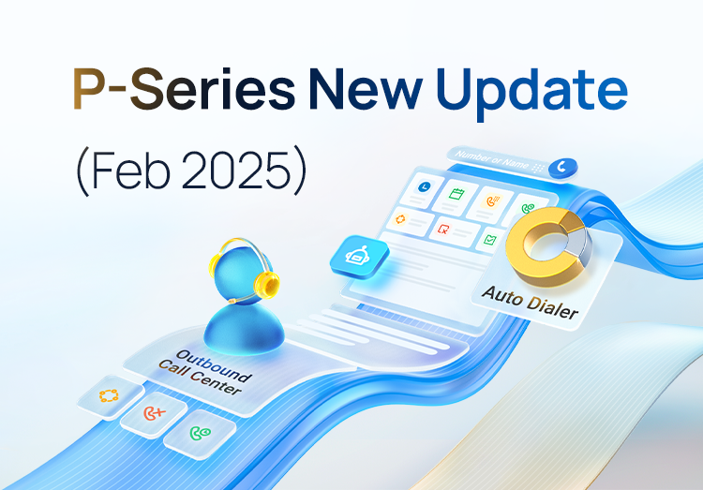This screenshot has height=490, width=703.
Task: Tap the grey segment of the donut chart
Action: click(577, 245)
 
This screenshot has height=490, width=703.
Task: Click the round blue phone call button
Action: click(561, 166)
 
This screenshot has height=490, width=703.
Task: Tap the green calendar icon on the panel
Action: click(457, 195)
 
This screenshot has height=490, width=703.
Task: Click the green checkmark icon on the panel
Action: click(488, 240)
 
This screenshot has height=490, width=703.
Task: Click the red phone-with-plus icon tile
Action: click(151, 413)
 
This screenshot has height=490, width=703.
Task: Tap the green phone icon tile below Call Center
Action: click(199, 433)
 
